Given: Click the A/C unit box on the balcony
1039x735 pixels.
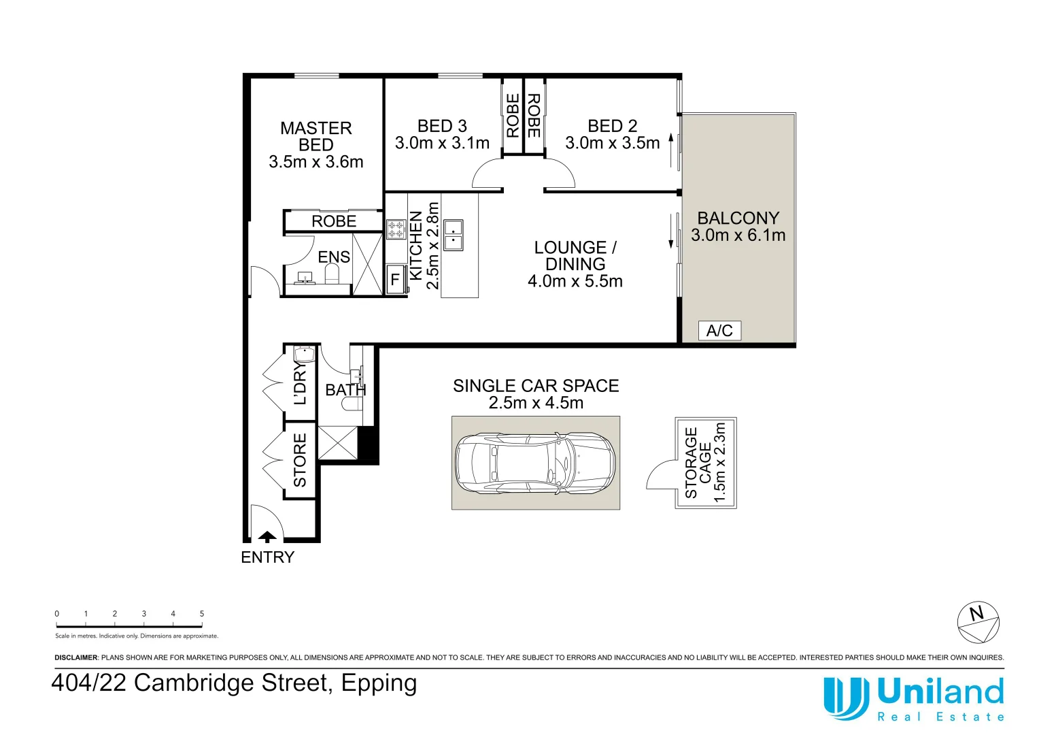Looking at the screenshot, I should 719,331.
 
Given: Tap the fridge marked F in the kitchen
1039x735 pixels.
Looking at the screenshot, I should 395,280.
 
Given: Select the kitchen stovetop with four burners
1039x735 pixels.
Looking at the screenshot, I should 396,230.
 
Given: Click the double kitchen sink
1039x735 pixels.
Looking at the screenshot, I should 454,235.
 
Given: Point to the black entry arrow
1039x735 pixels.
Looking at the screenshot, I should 267,536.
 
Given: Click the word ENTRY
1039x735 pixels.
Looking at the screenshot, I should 267,557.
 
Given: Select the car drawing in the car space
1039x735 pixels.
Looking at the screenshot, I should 535,463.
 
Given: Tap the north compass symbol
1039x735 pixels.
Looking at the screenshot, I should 978,622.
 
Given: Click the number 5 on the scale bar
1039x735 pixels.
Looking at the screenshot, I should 202,614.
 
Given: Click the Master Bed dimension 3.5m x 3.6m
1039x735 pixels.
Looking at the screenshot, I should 316,162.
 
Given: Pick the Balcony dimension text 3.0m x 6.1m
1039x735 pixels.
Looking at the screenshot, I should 738,235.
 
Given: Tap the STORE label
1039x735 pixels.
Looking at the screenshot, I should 300,460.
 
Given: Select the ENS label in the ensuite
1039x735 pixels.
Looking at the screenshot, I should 334,257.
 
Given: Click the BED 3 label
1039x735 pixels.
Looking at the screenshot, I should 442,126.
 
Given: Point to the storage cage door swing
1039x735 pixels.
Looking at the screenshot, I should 660,475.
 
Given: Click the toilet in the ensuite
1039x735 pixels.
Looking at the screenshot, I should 332,274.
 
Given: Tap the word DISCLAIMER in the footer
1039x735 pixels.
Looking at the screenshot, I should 76,657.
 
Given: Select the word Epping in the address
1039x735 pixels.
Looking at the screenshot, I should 379,683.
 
